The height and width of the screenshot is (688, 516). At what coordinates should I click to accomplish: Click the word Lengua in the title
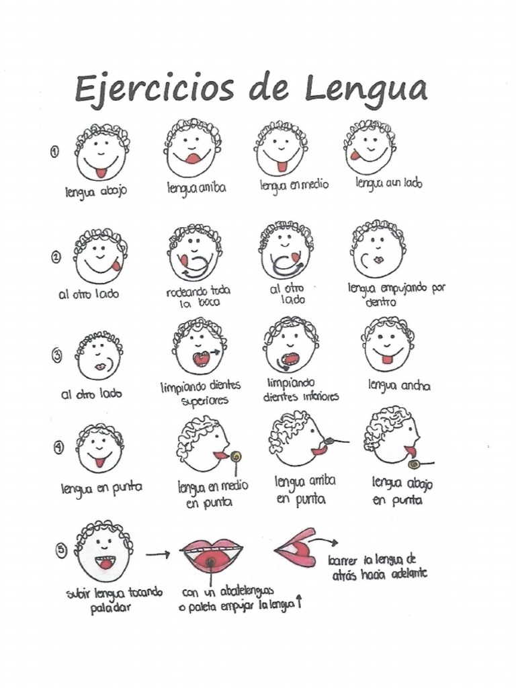click(363, 90)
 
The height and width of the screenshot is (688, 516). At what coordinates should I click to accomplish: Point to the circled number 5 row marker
click(62, 550)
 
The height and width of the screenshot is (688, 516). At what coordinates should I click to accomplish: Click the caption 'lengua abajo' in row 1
click(96, 190)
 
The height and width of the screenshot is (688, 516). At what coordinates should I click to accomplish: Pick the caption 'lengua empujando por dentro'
click(396, 294)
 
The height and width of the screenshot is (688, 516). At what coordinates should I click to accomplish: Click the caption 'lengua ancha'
click(399, 386)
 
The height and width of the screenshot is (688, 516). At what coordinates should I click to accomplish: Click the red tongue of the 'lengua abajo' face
click(101, 172)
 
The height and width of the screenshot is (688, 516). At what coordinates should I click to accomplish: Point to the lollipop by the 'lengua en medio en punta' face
click(236, 457)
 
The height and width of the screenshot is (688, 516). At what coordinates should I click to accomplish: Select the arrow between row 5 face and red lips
click(158, 554)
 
